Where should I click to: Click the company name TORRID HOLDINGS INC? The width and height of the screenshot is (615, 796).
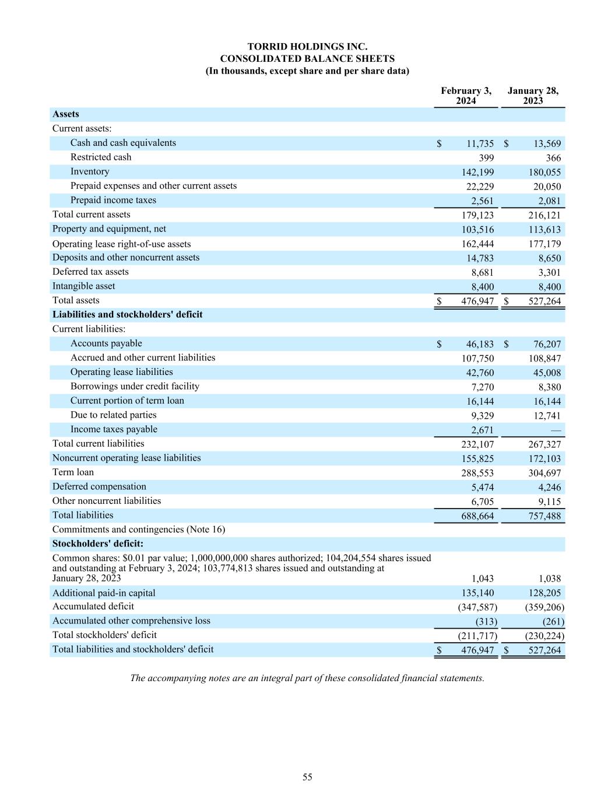point(307,47)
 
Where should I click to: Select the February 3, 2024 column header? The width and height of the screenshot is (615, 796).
point(466,96)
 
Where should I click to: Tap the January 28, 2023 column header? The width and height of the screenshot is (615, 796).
point(533,96)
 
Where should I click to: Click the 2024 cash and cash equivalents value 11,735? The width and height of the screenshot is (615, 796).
point(480,143)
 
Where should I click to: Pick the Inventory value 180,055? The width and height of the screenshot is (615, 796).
point(544,172)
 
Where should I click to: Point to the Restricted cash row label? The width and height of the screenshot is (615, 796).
point(101,157)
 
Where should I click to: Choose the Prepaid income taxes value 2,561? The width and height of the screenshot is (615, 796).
point(482,201)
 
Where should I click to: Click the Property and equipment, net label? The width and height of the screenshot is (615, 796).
point(109,229)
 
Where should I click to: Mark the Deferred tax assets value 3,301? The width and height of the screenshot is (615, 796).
point(549,272)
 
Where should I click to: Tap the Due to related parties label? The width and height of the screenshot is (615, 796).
point(113,415)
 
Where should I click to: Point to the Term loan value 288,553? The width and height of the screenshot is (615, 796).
point(477,473)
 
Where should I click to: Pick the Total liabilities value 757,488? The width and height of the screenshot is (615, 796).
point(544,516)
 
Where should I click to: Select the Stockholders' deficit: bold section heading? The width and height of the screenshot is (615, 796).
point(97,544)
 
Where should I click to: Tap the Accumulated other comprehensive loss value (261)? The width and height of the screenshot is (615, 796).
point(553,622)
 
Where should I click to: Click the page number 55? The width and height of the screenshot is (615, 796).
point(307,777)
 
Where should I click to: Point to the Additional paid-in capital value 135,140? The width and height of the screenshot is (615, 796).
point(477,593)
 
